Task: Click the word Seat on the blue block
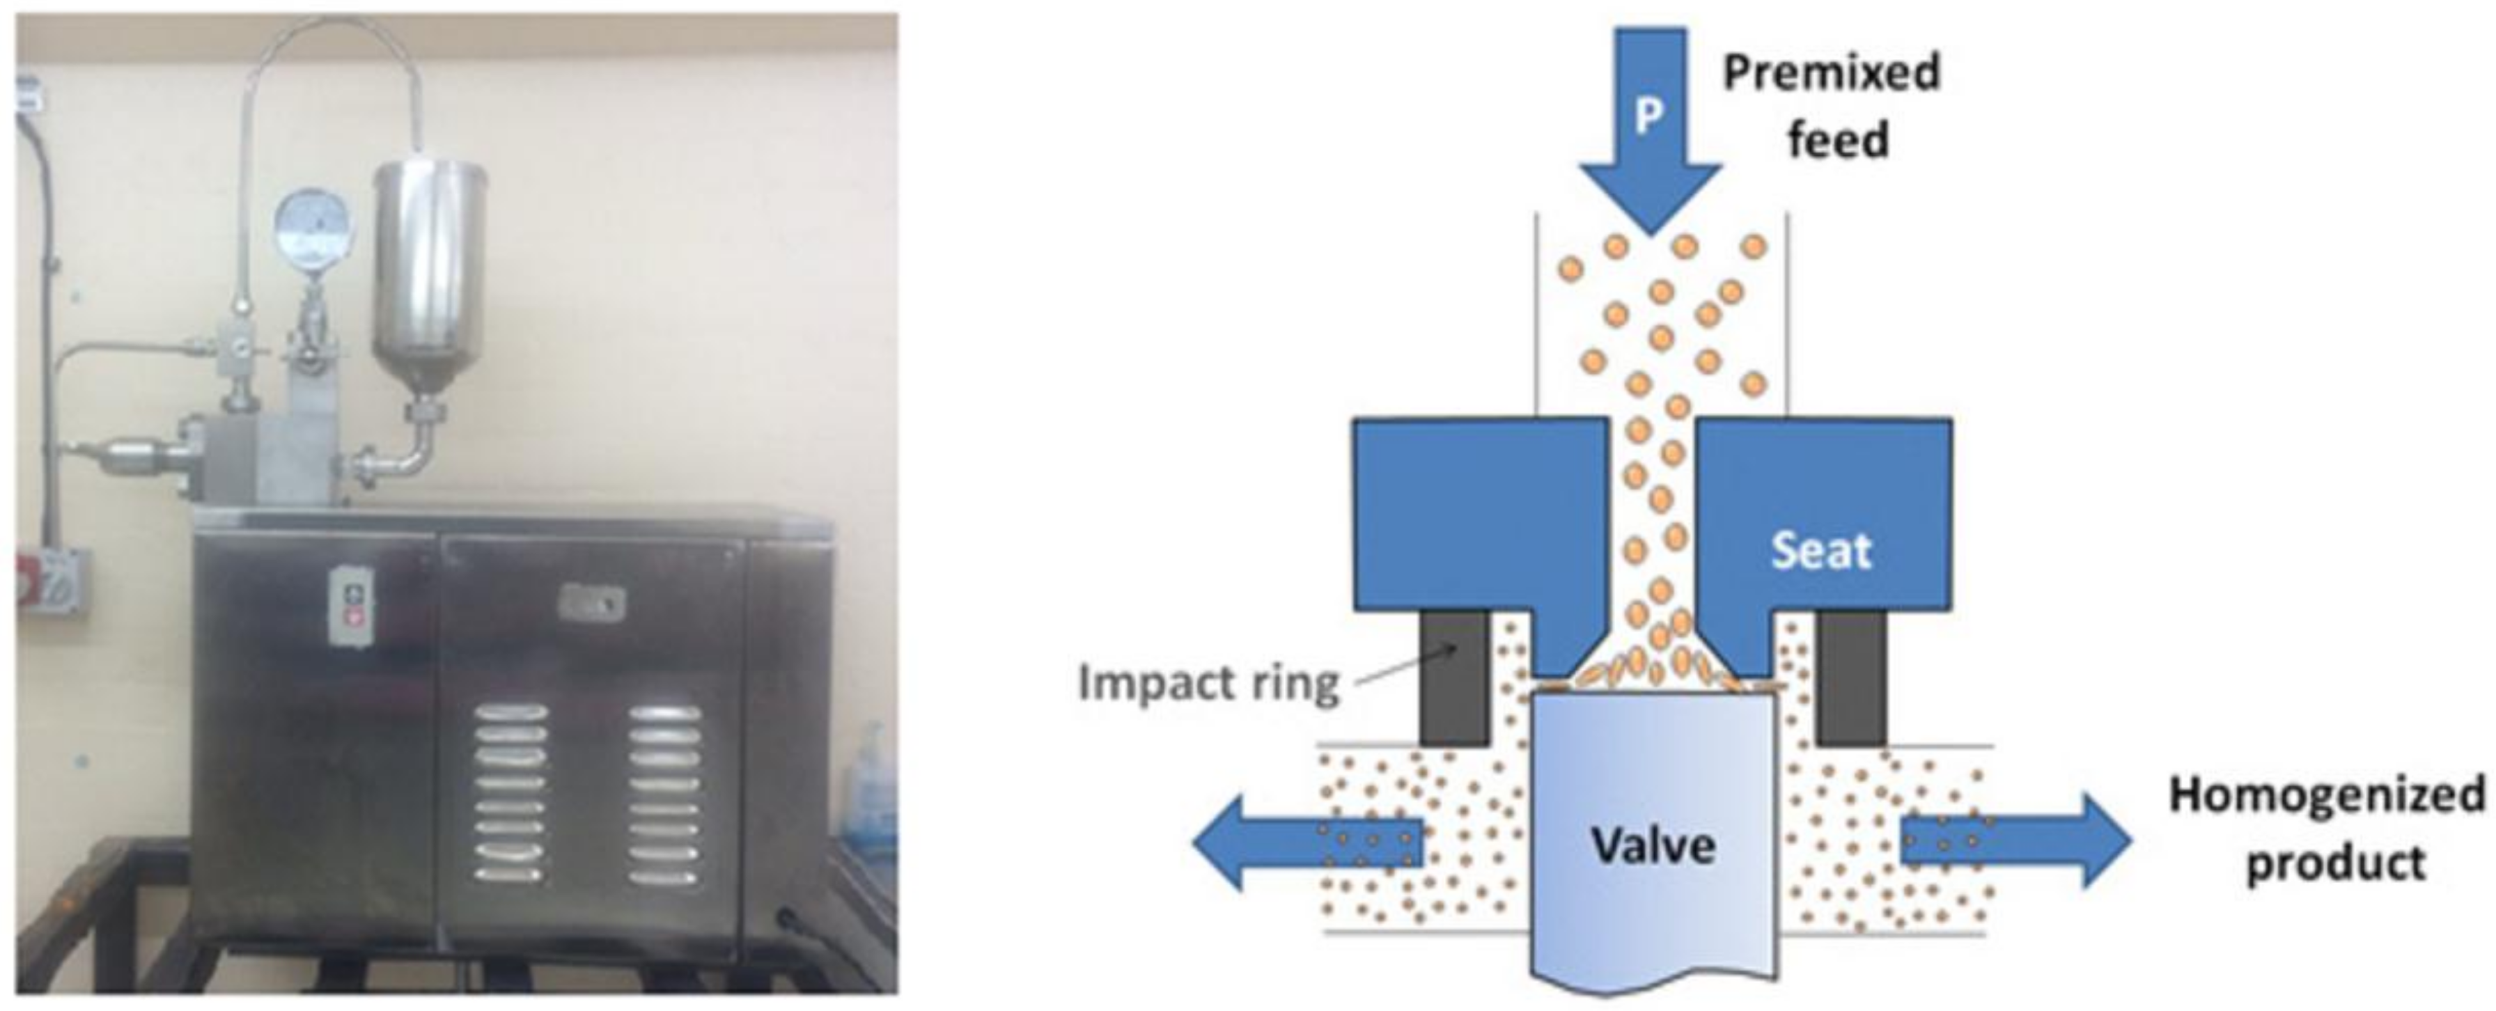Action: tap(1822, 550)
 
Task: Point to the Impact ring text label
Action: tap(1208, 683)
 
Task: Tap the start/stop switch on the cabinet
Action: tap(351, 605)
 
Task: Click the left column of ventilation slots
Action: tap(510, 794)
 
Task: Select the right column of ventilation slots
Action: tap(664, 794)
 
